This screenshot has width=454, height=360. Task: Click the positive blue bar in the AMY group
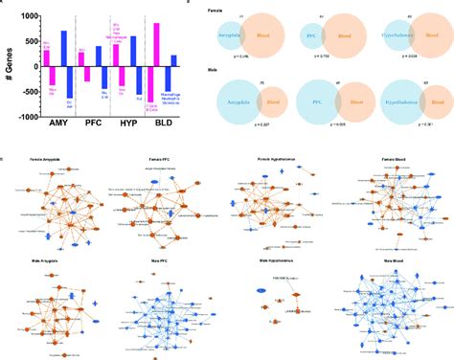point(64,49)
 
